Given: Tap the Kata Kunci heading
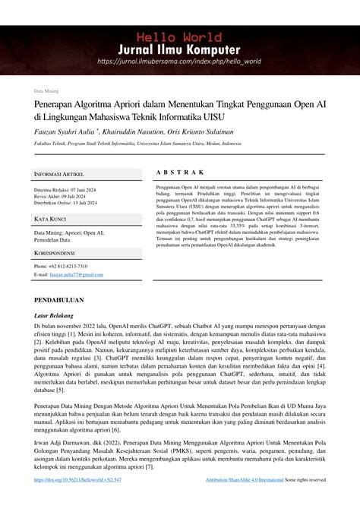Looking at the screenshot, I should tap(51, 219).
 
